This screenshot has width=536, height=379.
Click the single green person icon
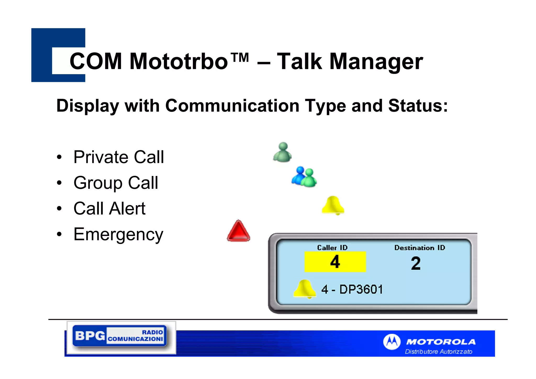tap(282, 152)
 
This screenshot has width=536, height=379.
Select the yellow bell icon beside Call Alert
tap(333, 205)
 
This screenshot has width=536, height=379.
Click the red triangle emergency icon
tap(238, 231)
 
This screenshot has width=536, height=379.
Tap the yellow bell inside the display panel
tap(305, 289)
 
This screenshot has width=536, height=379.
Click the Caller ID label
tap(332, 248)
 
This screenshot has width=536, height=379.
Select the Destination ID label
tap(420, 248)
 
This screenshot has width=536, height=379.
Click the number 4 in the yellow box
tap(335, 262)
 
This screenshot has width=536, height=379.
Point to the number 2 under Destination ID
tap(416, 263)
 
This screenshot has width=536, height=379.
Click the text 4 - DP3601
tap(352, 289)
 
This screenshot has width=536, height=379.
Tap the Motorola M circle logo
tap(392, 342)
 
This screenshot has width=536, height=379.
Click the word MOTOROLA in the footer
tap(441, 342)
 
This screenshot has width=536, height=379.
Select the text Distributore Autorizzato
tap(438, 351)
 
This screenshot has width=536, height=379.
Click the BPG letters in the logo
tap(90, 336)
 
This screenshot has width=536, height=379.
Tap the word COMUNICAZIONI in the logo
tap(135, 339)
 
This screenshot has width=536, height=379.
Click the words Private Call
tap(119, 157)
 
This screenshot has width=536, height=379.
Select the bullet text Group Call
tap(116, 183)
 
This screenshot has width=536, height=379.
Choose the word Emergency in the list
tap(118, 234)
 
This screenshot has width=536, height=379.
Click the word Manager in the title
tap(376, 62)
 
